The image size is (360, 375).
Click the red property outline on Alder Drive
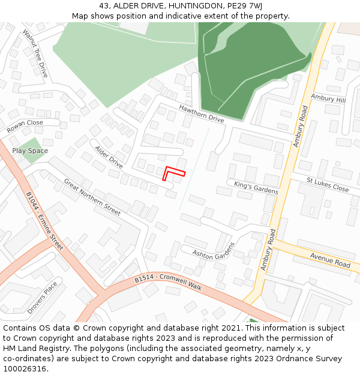pos(173,171)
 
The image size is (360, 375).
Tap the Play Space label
pos(30,151)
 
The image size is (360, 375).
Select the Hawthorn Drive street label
pos(201,113)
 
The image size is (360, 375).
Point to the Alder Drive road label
pos(109,157)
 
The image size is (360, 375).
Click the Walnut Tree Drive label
pos(35,53)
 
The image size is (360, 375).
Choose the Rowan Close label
pos(25,126)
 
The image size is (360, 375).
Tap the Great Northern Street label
pos(92,197)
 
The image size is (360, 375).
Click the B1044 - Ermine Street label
pos(44,221)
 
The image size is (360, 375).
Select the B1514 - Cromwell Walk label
pos(168,283)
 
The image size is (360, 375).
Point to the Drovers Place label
pos(42,297)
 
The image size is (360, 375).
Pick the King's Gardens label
pos(256,187)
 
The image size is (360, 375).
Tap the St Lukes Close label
pos(327,184)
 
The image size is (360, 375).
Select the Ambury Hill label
pos(328,98)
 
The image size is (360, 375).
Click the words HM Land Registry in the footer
pos(32,348)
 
